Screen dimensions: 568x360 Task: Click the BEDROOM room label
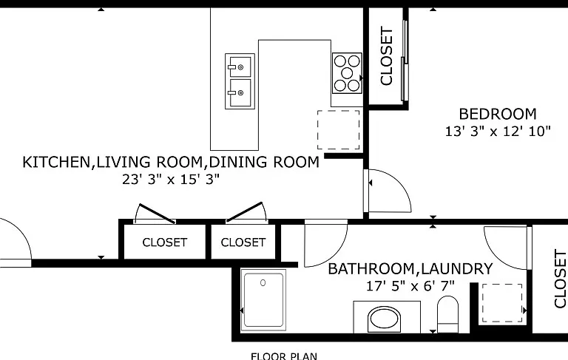[x=497, y=114]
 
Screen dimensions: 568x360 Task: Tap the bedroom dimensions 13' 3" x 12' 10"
[x=498, y=132]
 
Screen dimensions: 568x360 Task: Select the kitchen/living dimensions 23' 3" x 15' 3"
[x=171, y=180]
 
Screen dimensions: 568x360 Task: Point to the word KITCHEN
[x=57, y=162]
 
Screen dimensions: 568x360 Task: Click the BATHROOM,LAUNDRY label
[x=410, y=269]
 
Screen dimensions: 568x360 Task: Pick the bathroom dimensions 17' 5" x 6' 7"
[x=410, y=286]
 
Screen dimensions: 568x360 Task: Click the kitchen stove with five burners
[x=347, y=73]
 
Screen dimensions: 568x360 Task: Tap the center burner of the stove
[x=347, y=73]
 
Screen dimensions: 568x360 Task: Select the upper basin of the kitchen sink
[x=240, y=67]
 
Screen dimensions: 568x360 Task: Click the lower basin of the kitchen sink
[x=240, y=93]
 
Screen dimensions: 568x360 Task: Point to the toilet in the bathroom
[x=447, y=314]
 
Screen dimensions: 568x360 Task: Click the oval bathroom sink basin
[x=385, y=319]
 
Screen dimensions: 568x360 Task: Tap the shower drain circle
[x=263, y=283]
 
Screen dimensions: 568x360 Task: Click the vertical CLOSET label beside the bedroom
[x=387, y=56]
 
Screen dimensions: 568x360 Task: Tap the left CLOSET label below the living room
[x=165, y=242]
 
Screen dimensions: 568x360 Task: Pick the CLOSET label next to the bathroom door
[x=243, y=242]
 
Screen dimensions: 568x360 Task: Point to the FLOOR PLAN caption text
[x=284, y=356]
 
